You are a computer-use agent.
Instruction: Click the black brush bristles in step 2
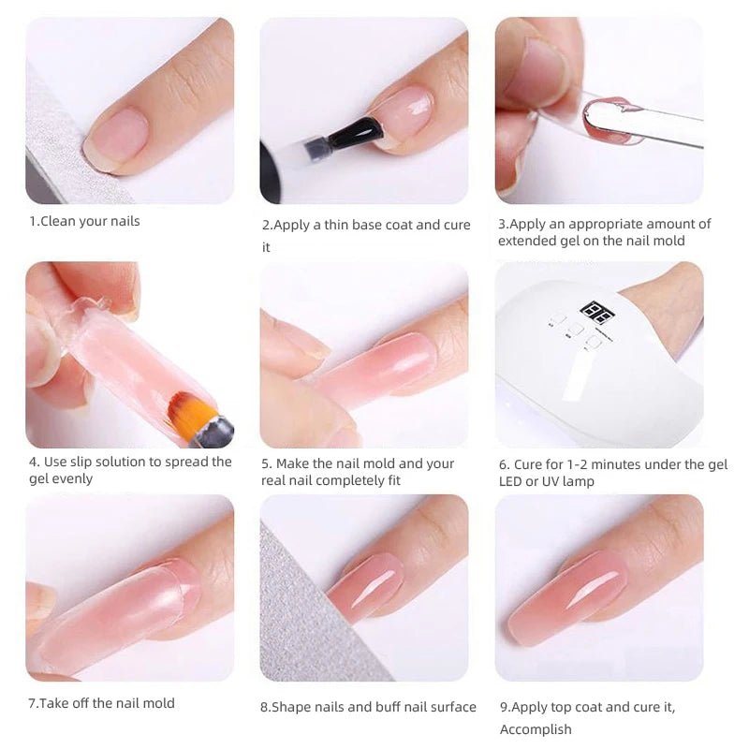click(356, 132)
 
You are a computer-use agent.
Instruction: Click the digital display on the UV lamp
click(597, 313)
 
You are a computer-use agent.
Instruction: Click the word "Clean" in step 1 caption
click(58, 221)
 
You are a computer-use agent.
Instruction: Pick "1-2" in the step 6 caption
click(577, 464)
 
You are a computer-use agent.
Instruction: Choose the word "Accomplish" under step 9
click(536, 729)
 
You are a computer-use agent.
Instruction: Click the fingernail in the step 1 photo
click(116, 137)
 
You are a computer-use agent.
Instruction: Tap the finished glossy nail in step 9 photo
click(568, 597)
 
